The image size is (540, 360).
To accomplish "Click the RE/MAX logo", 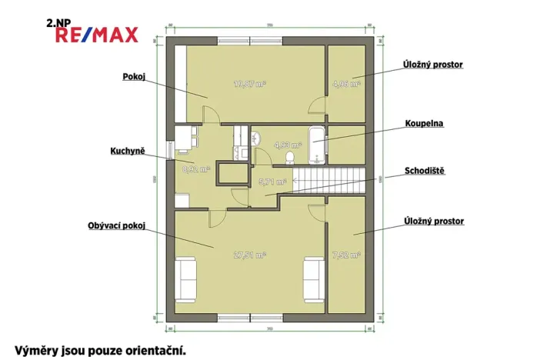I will pyautogui.click(x=93, y=35).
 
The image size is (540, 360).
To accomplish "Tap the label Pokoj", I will pyautogui.click(x=134, y=76).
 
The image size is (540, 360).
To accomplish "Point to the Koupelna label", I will pyautogui.click(x=425, y=122).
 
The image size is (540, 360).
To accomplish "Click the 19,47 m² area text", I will pyautogui.click(x=250, y=84).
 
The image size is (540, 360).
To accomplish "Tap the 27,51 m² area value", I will pyautogui.click(x=251, y=254).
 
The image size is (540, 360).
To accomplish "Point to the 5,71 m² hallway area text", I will pyautogui.click(x=272, y=182).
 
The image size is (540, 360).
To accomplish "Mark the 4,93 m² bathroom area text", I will pyautogui.click(x=271, y=142).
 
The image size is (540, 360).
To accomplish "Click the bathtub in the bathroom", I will pyautogui.click(x=316, y=144).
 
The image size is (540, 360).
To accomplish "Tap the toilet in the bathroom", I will pyautogui.click(x=290, y=157).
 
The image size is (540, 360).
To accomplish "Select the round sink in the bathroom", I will pyautogui.click(x=258, y=137).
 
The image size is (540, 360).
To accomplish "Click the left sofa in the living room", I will pyautogui.click(x=186, y=278).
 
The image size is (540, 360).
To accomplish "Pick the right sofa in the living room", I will pyautogui.click(x=313, y=278).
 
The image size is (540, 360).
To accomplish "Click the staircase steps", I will pyautogui.click(x=328, y=182).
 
